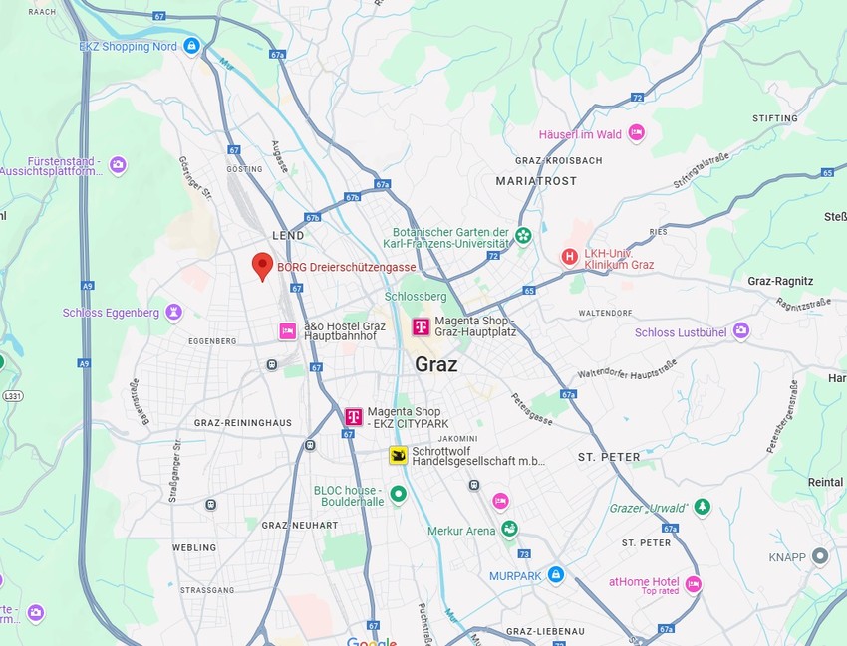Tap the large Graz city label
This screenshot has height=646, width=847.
point(436,364)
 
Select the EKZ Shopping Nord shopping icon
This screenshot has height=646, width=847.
point(191,46)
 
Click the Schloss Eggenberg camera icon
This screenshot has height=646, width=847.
point(174,313)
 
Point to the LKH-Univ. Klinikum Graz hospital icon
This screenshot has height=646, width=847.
point(569,257)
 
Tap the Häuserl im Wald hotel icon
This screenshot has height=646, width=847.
point(636,134)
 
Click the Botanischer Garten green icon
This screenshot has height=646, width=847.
point(523,235)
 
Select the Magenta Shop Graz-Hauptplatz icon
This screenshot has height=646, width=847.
point(422,326)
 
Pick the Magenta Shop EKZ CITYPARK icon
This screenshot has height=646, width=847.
point(353,417)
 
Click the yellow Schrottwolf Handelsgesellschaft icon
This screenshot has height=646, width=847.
point(398,456)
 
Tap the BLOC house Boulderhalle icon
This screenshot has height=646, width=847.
point(399,494)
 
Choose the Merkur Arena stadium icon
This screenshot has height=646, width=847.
point(510,530)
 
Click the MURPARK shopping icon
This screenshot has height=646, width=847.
point(555,575)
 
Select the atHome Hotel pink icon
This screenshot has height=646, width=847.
point(693,584)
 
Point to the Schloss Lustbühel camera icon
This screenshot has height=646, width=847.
point(740,331)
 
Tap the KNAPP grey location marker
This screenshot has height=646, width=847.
point(820,556)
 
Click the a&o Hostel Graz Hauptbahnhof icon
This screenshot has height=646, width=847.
point(288,330)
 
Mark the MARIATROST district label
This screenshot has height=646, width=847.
point(536,181)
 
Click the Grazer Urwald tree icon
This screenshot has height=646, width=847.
point(703,508)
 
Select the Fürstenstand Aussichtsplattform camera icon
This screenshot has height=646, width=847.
point(118,165)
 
